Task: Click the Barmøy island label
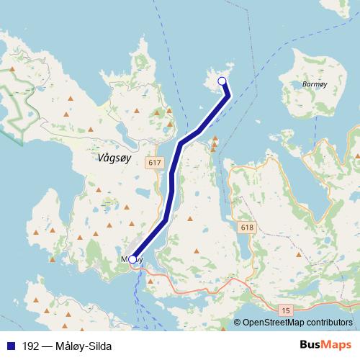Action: click(317, 84)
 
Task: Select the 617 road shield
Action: click(153, 163)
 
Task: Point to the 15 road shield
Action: click(287, 310)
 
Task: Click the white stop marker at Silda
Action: click(222, 81)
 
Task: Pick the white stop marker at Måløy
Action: click(132, 259)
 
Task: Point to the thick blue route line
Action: click(171, 187)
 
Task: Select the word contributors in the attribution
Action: click(329, 323)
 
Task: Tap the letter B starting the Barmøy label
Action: click(305, 84)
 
